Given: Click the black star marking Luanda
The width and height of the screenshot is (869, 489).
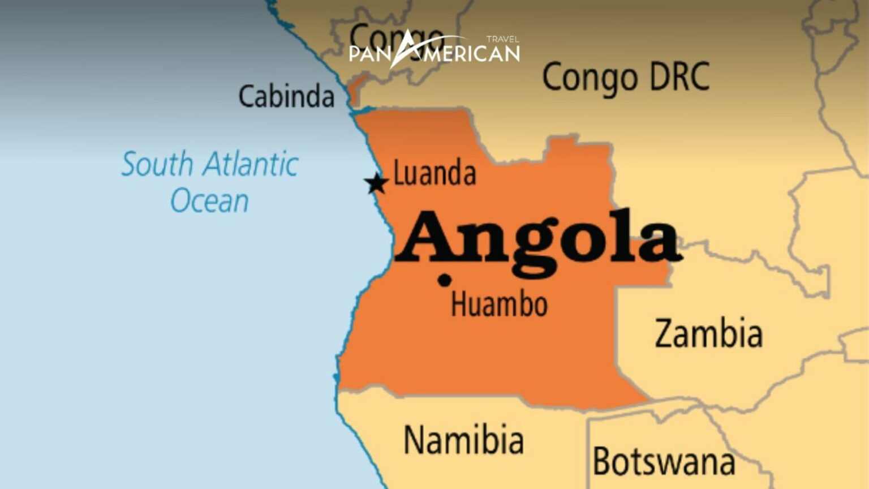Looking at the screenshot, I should (x=376, y=183).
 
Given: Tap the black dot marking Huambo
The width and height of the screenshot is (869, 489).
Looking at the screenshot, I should (x=445, y=280).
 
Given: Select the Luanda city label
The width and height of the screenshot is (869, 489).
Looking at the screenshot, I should (x=434, y=173).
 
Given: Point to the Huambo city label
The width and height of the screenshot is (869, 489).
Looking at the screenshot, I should (x=499, y=304).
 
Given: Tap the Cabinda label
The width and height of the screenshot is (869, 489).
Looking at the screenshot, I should (x=286, y=96).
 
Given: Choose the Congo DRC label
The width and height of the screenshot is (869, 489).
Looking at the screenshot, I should (x=626, y=77).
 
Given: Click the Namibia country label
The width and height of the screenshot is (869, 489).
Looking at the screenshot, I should (x=463, y=440).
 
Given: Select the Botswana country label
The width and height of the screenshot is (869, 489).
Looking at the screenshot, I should (x=664, y=461).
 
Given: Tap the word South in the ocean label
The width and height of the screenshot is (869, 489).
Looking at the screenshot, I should (x=157, y=164).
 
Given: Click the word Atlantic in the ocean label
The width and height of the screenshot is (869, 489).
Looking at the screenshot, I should (x=251, y=164).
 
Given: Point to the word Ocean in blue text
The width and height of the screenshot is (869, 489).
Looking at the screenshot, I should (x=209, y=201).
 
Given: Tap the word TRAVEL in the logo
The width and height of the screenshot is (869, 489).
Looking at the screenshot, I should (x=502, y=40).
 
